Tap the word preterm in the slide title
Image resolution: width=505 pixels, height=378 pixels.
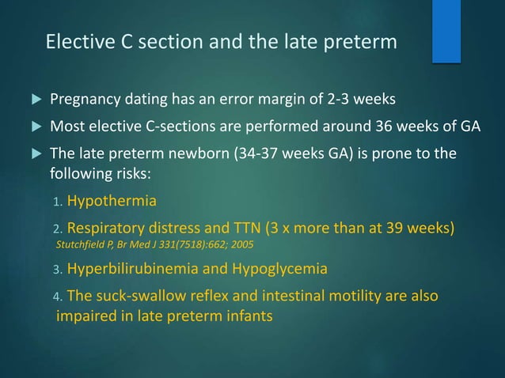[x=359, y=41]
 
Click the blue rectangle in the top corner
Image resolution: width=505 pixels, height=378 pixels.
[x=446, y=30]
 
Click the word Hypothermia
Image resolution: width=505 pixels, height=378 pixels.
[x=112, y=202]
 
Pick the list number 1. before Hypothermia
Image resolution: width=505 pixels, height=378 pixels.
[x=57, y=202]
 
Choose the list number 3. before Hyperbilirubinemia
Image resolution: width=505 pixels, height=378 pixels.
[x=57, y=270]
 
